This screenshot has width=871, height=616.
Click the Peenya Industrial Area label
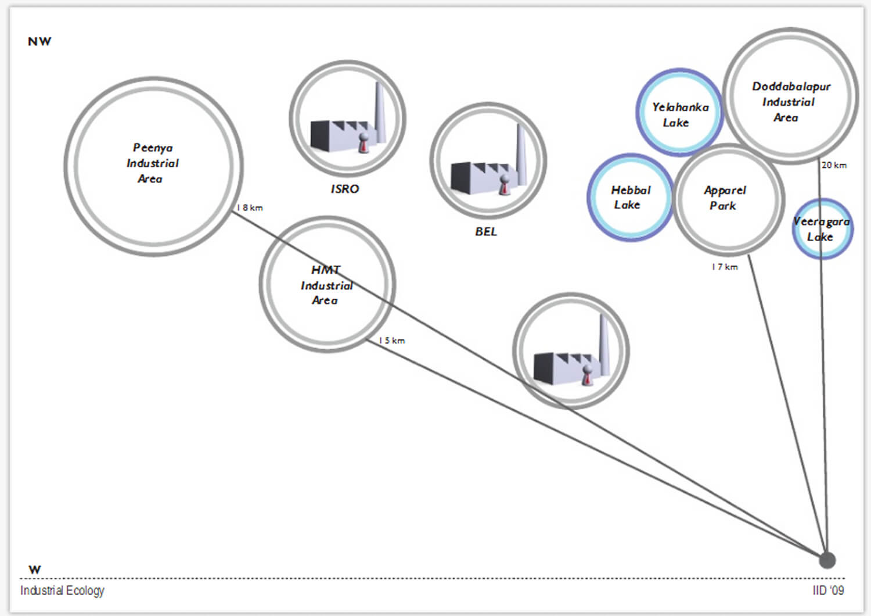click(152, 163)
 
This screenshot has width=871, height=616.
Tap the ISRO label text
click(345, 189)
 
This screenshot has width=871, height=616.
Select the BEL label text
click(486, 231)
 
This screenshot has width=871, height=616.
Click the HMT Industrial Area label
click(326, 285)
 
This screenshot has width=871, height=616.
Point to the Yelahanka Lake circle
click(679, 113)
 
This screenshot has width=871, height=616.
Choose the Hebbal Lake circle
click(630, 198)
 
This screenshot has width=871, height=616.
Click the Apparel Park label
click(724, 198)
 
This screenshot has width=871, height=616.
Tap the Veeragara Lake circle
click(822, 229)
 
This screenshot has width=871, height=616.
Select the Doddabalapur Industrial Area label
click(790, 102)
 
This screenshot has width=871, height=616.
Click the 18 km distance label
click(250, 207)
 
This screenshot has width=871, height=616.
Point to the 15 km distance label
click(392, 341)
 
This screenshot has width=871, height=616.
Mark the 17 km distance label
click(725, 267)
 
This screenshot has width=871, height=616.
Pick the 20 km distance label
click(834, 165)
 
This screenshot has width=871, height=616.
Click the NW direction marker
click(39, 42)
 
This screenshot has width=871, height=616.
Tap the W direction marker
click(35, 570)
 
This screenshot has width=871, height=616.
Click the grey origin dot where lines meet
click(827, 560)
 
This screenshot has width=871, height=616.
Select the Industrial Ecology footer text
click(62, 590)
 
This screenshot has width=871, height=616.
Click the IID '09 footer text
click(828, 590)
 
